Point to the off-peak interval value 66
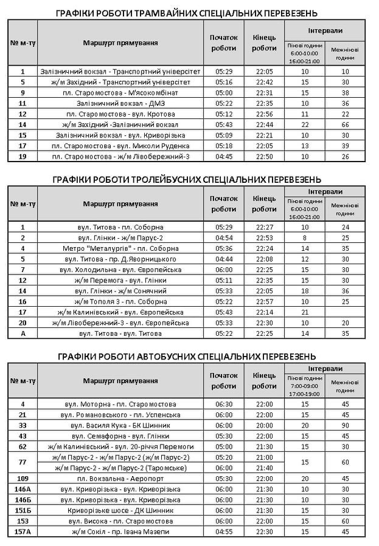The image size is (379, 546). click(345, 125)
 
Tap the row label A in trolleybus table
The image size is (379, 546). click(23, 333)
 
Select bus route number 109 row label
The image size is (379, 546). click(23, 479)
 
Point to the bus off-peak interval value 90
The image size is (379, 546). click(345, 425)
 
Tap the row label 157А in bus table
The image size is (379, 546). click(23, 532)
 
